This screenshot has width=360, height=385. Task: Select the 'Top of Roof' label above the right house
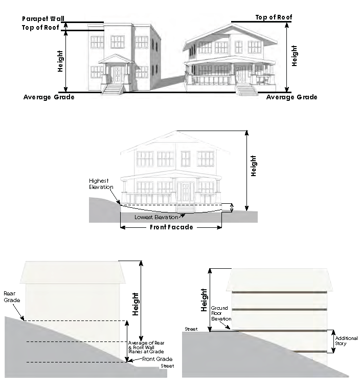pos(274,17)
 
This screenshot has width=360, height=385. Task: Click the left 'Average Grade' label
pos(49,97)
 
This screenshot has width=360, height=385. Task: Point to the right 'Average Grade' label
pos(292,97)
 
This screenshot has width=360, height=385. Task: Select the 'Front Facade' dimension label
pos(171,227)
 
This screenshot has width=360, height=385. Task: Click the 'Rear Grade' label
pos(10,296)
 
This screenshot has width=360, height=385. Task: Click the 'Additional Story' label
pos(346,340)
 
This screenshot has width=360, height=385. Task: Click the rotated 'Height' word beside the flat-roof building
pos(60,61)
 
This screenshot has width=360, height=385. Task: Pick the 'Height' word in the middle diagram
pos(254,165)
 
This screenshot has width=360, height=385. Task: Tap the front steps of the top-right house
pos(247,90)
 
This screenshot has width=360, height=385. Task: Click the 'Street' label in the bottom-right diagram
pos(191,329)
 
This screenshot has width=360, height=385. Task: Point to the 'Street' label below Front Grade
pos(167,366)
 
